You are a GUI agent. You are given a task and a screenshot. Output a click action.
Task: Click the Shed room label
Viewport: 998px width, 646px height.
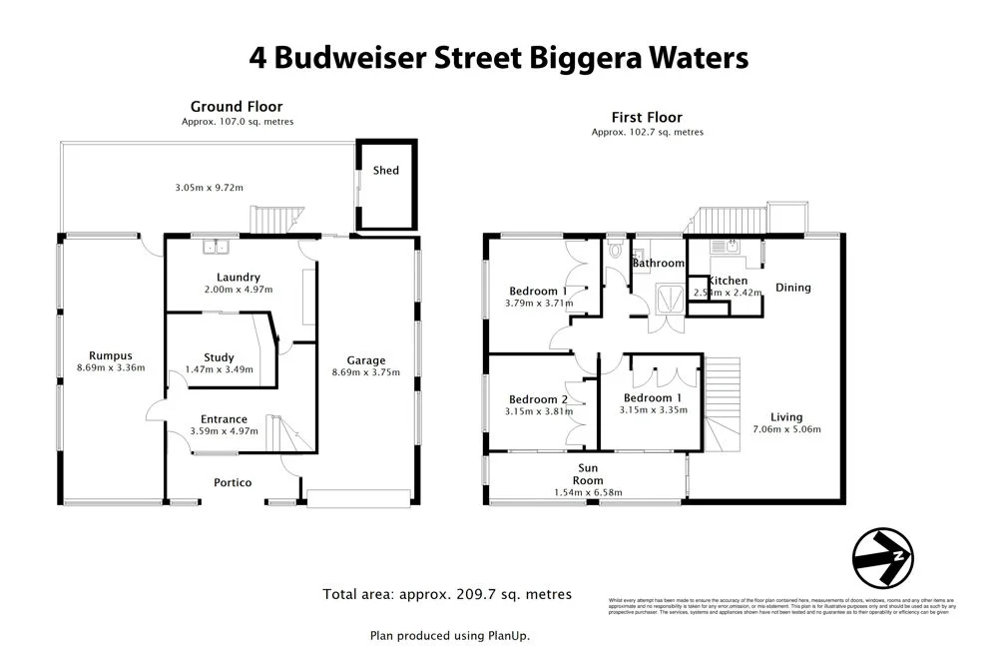point(386,171)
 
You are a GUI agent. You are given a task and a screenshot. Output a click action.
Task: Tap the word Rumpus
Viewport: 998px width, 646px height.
point(110,355)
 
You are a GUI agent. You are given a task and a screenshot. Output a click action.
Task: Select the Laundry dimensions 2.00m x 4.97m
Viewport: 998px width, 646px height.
point(239,290)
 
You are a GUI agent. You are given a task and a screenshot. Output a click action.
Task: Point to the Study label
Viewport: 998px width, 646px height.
point(219,357)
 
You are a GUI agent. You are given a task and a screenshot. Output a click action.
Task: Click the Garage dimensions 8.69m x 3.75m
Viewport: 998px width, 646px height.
point(365,373)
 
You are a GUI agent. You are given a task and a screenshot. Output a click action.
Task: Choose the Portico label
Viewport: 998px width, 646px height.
point(233,482)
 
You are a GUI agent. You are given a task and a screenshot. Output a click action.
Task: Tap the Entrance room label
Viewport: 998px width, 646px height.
point(224,419)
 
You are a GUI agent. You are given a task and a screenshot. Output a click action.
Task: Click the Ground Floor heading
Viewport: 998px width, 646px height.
point(237,107)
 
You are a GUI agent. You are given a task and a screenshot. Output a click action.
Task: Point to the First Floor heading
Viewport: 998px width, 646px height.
point(647,117)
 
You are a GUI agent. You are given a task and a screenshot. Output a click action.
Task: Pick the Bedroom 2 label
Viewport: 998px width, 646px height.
point(537,399)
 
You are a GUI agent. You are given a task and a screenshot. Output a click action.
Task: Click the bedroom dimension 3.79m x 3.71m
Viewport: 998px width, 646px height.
point(539,303)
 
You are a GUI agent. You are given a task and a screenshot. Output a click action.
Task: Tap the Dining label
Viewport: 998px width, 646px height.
point(793,288)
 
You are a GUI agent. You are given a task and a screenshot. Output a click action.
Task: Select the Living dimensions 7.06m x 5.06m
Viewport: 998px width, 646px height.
point(786,430)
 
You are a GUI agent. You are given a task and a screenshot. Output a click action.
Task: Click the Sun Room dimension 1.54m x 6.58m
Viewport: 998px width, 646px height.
point(588,492)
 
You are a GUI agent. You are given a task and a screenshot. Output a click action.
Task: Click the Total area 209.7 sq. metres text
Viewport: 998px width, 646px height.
point(447,594)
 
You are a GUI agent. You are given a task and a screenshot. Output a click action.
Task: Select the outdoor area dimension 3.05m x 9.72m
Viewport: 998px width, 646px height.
point(209,188)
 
